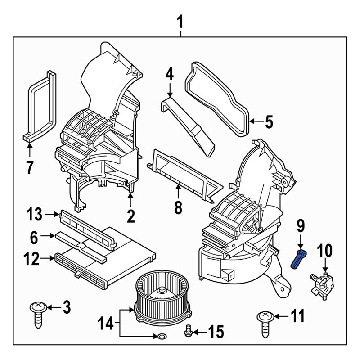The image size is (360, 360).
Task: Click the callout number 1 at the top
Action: tap(180, 21)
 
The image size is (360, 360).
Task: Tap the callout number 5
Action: tap(269, 122)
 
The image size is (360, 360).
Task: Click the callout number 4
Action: tap(169, 73)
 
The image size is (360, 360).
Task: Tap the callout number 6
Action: tap(34, 236)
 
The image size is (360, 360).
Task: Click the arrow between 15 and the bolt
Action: tap(199, 333)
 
